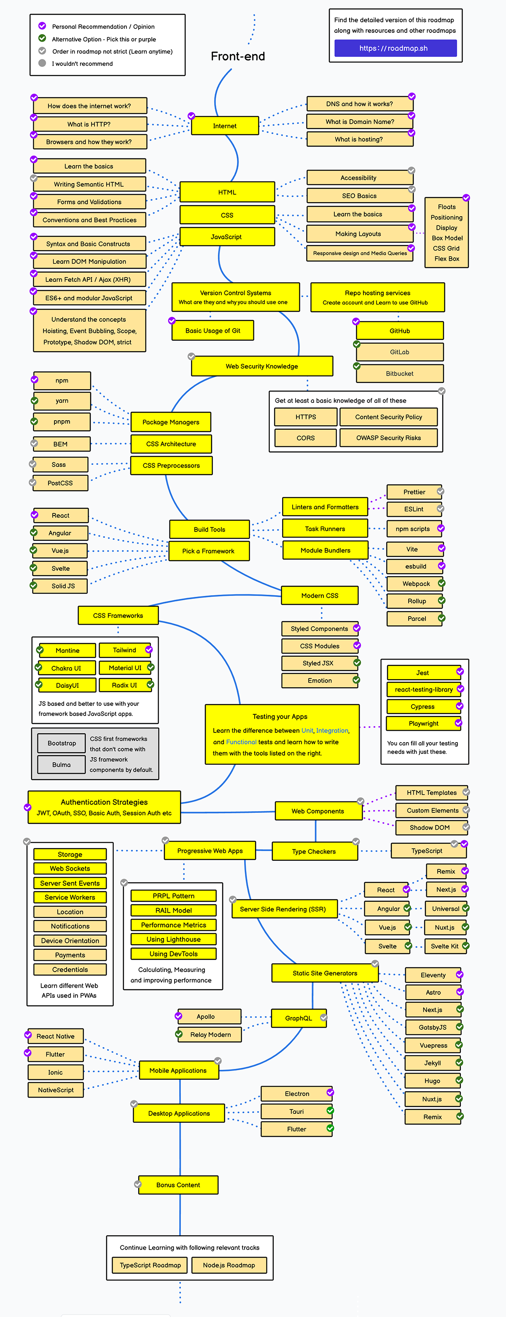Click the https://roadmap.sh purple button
395,48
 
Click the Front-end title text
238,56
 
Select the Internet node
225,126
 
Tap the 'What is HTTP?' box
89,124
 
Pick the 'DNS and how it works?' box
360,104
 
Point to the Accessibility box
359,178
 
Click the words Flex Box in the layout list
447,259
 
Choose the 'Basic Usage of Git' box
213,331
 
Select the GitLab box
400,352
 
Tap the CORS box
305,438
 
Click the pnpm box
62,422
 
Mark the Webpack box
415,584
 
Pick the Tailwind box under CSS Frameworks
125,650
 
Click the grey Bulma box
62,765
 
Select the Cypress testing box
423,707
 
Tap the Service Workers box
70,897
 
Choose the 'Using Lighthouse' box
173,939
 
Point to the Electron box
297,1094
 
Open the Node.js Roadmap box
229,1265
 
